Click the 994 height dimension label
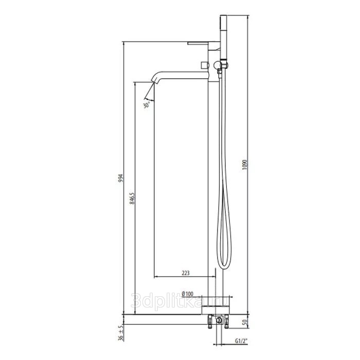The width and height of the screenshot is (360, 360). click(121, 178)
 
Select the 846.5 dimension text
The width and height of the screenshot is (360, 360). click(132, 199)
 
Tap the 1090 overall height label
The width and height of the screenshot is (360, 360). click(245, 165)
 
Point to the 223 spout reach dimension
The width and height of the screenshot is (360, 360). click(186, 273)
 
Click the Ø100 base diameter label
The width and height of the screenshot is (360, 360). click(187, 294)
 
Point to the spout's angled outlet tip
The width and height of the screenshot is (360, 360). click(154, 81)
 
